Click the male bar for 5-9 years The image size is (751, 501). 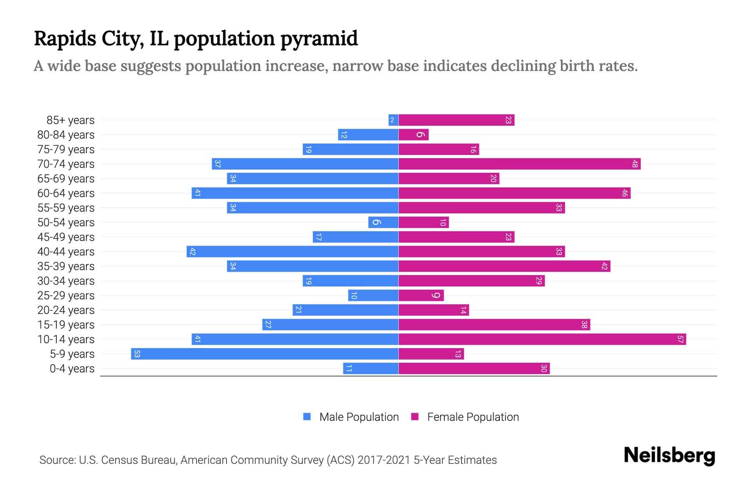pyautogui.click(x=265, y=354)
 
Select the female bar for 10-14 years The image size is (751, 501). pyautogui.click(x=542, y=339)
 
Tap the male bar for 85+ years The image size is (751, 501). pyautogui.click(x=393, y=120)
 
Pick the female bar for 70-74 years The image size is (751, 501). pyautogui.click(x=519, y=164)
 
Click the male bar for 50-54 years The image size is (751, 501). pyautogui.click(x=383, y=223)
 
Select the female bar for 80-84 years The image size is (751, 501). pyautogui.click(x=413, y=135)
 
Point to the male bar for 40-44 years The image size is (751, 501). pyautogui.click(x=292, y=252)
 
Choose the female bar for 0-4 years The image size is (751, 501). pyautogui.click(x=474, y=369)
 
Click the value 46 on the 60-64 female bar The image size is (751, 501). pyautogui.click(x=625, y=193)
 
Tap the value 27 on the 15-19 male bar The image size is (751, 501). pyautogui.click(x=268, y=325)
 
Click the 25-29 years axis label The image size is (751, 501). pyautogui.click(x=66, y=296)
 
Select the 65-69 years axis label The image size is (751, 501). pyautogui.click(x=66, y=179)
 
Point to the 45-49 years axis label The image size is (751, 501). pyautogui.click(x=66, y=237)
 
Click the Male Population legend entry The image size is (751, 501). pyautogui.click(x=359, y=417)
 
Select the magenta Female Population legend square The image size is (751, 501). pyautogui.click(x=415, y=417)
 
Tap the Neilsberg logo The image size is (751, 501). pyautogui.click(x=669, y=455)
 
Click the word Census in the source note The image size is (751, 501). pyautogui.click(x=121, y=460)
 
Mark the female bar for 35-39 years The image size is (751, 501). pyautogui.click(x=504, y=266)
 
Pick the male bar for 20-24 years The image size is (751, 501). pyautogui.click(x=345, y=310)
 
